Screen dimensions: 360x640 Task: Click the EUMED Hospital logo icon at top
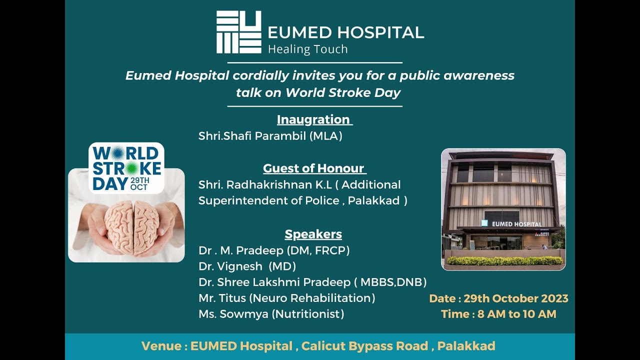[x=238, y=32]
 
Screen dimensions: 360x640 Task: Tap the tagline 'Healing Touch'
[x=307, y=49]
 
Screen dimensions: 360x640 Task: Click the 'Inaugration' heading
[x=314, y=119]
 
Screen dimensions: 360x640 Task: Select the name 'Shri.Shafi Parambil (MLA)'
[x=270, y=136]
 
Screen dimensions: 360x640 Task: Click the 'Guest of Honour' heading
[x=314, y=168]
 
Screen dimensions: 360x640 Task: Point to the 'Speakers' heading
[x=313, y=234]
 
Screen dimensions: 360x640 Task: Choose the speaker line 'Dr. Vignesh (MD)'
[x=247, y=266]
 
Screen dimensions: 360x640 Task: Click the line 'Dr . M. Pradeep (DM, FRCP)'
[x=273, y=250]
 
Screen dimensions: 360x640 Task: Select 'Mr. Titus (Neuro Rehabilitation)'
[x=286, y=298]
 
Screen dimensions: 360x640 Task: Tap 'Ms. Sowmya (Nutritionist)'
[x=271, y=314]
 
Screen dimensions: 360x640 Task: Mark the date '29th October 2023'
[x=515, y=298]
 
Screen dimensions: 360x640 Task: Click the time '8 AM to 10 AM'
[x=516, y=314]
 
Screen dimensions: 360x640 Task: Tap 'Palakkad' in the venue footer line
[x=466, y=346]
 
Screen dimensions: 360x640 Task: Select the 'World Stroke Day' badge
[x=126, y=168]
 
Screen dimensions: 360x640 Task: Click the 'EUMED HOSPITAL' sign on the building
[x=516, y=224]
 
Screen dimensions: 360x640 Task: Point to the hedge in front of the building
[x=504, y=260]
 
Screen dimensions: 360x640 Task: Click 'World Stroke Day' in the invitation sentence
[x=343, y=92]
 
